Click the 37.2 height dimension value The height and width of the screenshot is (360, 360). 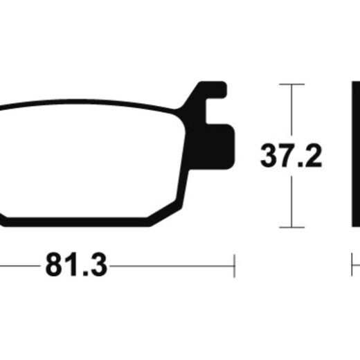[291, 155]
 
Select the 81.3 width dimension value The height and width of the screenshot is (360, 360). [76, 264]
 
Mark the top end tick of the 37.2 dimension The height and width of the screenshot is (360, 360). [291, 84]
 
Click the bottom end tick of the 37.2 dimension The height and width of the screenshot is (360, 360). [291, 227]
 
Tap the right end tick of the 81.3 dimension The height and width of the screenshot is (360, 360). [234, 266]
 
